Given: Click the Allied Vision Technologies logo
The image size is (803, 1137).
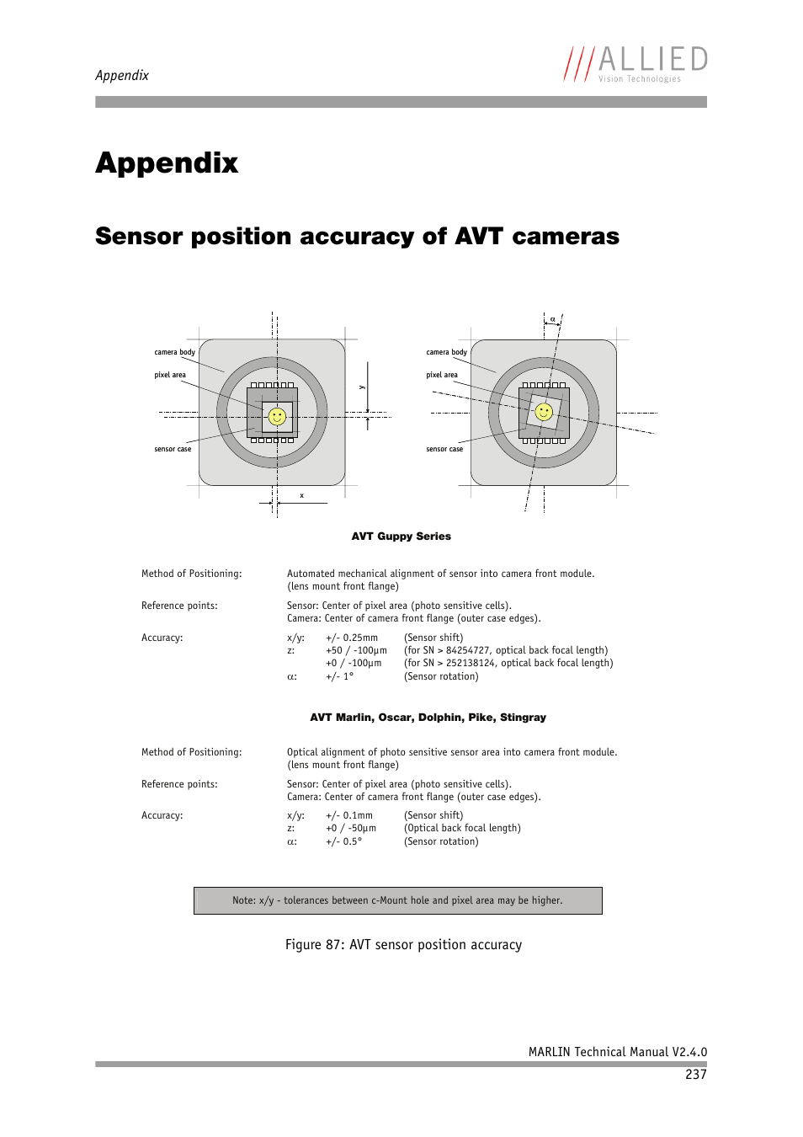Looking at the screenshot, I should pos(635,64).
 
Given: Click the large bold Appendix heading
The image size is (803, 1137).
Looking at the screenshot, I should pos(167,163).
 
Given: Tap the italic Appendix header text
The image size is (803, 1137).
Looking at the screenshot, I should pos(122,75).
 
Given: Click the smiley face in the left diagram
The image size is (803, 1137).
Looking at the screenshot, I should pos(277,416).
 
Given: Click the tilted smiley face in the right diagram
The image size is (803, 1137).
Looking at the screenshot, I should pos(544,412).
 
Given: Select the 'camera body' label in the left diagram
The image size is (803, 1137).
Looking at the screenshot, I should pos(174,352).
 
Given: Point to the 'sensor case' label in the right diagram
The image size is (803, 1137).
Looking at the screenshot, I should pos(444,449).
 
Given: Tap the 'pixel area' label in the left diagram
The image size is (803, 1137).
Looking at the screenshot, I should pos(170,375).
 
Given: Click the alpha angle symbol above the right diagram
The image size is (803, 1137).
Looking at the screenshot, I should pos(552,319).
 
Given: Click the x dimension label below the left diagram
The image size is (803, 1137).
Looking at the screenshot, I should pos(301,495).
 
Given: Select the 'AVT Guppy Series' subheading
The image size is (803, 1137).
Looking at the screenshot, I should pos(401,536).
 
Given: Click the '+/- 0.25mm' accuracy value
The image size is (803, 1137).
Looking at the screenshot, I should pos(352,638).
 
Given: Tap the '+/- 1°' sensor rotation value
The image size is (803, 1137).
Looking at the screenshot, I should pos(340,676).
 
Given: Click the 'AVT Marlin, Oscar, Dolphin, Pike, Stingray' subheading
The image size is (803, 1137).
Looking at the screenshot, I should pos(428,718).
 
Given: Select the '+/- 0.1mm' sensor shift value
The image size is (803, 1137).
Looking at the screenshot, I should pos(349,815).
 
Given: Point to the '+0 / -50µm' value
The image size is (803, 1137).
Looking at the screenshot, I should pos(351,828).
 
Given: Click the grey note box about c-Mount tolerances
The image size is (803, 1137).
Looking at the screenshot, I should pos(397,900).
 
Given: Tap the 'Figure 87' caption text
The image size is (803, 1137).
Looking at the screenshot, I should pos(403,945).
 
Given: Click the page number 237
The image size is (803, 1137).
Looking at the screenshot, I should pos(695,1074).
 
